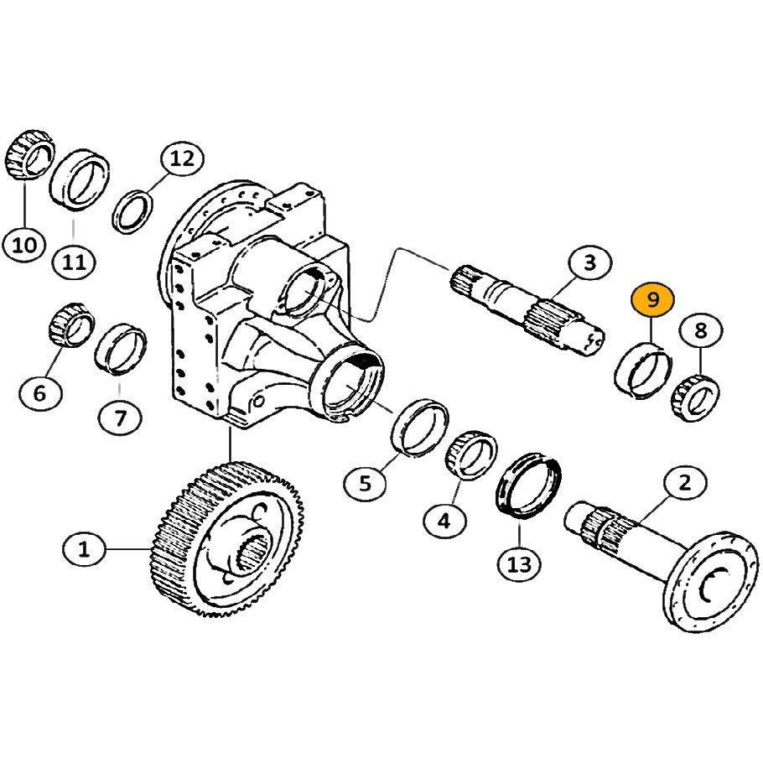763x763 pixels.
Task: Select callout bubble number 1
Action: pyautogui.click(x=84, y=549)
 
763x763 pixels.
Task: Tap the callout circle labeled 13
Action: pyautogui.click(x=520, y=564)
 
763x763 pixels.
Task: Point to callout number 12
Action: pyautogui.click(x=183, y=158)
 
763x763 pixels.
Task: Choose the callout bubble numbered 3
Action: pyautogui.click(x=589, y=262)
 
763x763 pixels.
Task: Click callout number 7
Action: pyautogui.click(x=120, y=417)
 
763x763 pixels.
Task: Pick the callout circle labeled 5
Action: pyautogui.click(x=366, y=483)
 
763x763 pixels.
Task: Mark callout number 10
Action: pyautogui.click(x=23, y=244)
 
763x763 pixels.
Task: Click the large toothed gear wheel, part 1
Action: pyautogui.click(x=226, y=538)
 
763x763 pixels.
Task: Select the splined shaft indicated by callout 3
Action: pyautogui.click(x=527, y=309)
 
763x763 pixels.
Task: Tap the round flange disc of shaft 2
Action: pyautogui.click(x=711, y=583)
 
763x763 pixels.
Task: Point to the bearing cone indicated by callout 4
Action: pyautogui.click(x=471, y=455)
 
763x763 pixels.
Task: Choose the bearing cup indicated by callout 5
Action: pyautogui.click(x=420, y=427)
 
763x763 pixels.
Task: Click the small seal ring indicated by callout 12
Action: pyautogui.click(x=132, y=212)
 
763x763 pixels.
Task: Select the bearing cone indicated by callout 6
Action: pyautogui.click(x=72, y=325)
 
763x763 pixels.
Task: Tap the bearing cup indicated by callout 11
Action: pyautogui.click(x=80, y=180)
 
